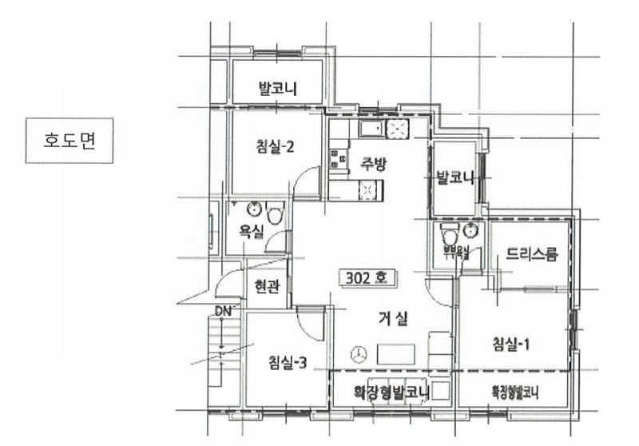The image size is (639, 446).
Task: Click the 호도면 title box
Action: [x=67, y=141]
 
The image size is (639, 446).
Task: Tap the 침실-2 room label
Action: [x=276, y=146]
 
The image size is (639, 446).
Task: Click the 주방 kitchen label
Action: [x=373, y=165]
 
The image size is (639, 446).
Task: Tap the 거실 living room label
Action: [x=393, y=318]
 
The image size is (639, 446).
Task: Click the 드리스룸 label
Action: [x=531, y=255]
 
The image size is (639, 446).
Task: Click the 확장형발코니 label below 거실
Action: [x=391, y=392]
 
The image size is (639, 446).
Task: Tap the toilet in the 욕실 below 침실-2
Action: [x=276, y=214]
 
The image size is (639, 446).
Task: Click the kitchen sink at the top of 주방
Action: [x=374, y=129]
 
